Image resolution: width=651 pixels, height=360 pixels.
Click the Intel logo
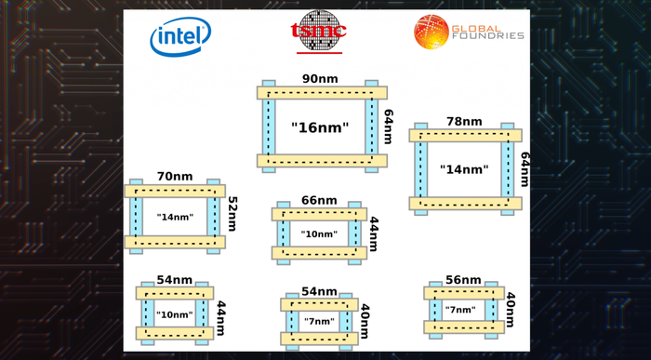[x=180, y=36]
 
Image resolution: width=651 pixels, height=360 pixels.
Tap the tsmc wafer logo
[x=319, y=30]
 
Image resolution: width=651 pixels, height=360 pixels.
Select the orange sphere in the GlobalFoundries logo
[x=432, y=32]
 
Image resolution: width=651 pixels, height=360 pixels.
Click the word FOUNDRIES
[x=488, y=36]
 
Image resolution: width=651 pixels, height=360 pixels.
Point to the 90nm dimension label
[x=320, y=79]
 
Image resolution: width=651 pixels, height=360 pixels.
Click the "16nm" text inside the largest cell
[x=320, y=127]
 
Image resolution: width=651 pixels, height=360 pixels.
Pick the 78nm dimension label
[x=464, y=122]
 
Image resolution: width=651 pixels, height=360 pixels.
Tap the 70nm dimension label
[x=175, y=177]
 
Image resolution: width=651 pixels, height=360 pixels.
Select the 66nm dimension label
[x=319, y=200]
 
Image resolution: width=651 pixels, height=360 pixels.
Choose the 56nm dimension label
[x=463, y=280]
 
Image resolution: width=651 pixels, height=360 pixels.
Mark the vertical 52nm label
[x=232, y=213]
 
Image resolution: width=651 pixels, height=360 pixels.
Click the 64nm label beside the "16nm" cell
[x=388, y=127]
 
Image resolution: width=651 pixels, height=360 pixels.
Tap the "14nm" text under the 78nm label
[x=464, y=169]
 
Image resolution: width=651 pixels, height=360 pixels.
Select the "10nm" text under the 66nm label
[x=319, y=234]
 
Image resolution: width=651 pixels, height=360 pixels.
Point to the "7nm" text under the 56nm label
[x=460, y=310]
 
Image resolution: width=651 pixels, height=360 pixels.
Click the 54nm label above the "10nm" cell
[x=175, y=280]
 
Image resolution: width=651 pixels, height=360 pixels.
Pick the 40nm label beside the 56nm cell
[x=511, y=310]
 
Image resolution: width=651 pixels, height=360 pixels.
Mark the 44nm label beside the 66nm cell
[x=373, y=233]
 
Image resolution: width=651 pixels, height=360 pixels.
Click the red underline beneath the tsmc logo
[x=319, y=53]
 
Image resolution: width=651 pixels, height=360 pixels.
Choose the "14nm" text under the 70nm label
[x=175, y=217]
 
